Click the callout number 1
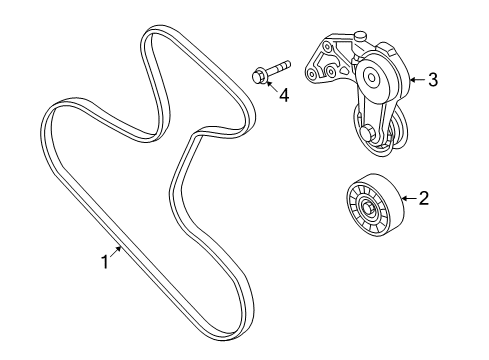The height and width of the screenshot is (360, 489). (105, 262)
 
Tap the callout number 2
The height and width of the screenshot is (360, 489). (423, 198)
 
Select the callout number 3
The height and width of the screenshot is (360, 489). (433, 80)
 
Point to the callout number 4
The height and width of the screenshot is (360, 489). (284, 95)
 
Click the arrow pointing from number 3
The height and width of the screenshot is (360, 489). (417, 80)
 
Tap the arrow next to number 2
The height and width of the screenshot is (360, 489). (408, 198)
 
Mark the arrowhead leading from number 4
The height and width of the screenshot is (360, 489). (268, 83)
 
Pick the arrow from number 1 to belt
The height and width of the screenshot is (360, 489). (115, 252)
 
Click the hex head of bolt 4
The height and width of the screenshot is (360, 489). (258, 77)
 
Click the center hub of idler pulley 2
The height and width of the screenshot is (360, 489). (366, 209)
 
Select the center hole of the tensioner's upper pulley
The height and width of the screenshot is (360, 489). (372, 78)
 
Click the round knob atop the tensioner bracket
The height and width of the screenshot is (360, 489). (360, 36)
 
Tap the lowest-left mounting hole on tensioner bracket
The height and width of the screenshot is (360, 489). (311, 74)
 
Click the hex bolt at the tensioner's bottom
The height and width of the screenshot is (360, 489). (367, 132)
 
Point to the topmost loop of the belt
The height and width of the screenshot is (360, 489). (157, 30)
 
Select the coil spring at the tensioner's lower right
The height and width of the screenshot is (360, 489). (397, 129)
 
